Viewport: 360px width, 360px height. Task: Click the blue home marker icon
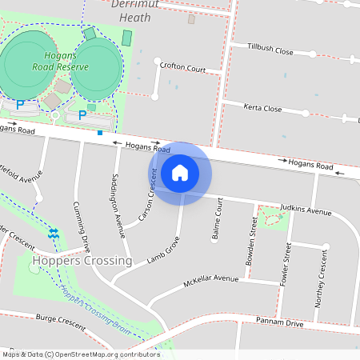[x=180, y=172]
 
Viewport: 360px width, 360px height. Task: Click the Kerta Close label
[x=263, y=108]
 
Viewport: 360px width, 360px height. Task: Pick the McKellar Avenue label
[x=211, y=281]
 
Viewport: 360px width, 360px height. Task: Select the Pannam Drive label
[x=280, y=322]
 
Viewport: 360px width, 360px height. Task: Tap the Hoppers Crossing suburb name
[x=82, y=261]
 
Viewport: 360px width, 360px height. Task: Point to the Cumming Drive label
[x=81, y=227]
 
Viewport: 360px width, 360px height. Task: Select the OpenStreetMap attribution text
[x=81, y=354]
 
